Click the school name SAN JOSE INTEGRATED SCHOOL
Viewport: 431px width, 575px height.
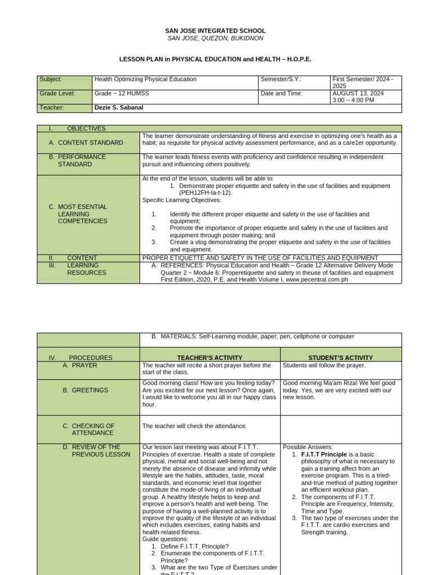pos(215,31)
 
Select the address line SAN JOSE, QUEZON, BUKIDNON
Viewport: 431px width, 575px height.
pos(215,38)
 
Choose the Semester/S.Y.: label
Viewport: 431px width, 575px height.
pos(281,80)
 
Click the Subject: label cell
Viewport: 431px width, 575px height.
pos(51,80)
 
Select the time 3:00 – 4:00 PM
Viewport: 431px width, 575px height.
pos(353,100)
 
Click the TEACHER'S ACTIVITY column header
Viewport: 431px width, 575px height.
pos(209,358)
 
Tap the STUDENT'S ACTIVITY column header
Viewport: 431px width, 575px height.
pos(341,358)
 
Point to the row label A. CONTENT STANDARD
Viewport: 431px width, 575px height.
pos(86,143)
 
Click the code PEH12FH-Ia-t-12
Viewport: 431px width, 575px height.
pos(205,193)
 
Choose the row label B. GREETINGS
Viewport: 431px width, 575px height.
pos(85,390)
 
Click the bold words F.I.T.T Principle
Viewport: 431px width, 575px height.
pos(324,454)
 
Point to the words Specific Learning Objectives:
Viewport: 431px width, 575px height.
pos(182,200)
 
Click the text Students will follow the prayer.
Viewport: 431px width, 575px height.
pos(324,366)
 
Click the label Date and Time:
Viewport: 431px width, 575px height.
pos(281,94)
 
